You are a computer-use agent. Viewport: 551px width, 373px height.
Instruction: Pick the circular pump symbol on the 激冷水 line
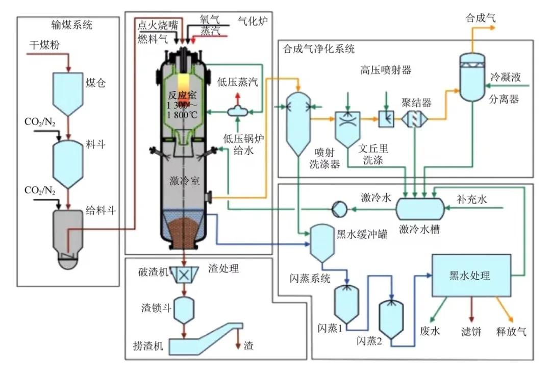[338, 208]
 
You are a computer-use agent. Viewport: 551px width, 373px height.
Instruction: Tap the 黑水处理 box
[470, 276]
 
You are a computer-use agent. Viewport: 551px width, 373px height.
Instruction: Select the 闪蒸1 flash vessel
[346, 304]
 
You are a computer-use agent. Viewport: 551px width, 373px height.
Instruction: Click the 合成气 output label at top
[481, 17]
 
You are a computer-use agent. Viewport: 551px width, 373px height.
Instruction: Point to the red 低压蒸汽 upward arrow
[236, 98]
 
